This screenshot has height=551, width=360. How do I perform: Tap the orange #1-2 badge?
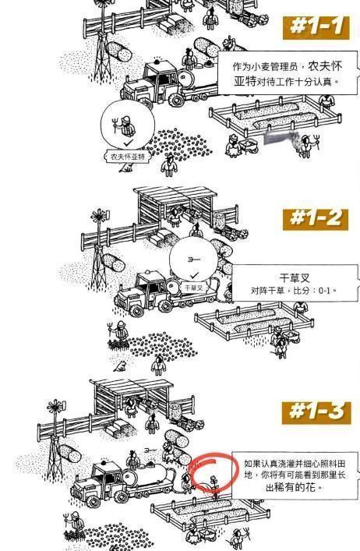(x=316, y=217)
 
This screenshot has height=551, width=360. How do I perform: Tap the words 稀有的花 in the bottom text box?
(x=299, y=488)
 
